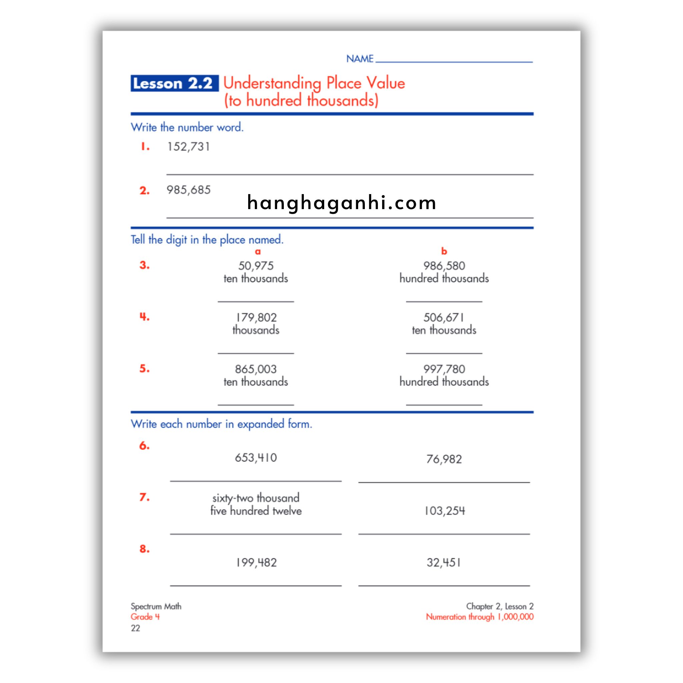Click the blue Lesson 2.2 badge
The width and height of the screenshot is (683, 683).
174,83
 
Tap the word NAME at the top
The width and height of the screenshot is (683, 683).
360,59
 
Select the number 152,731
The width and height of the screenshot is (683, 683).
188,147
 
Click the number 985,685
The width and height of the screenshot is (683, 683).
188,190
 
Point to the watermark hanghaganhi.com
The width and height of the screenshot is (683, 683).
341,203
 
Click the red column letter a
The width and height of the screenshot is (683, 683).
258,252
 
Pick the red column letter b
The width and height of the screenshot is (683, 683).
444,251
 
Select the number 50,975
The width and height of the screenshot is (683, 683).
255,266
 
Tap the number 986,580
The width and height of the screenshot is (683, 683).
444,266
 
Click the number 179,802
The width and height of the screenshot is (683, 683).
255,317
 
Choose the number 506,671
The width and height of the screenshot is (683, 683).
444,317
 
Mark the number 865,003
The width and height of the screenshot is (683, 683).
255,369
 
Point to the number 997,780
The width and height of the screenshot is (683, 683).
444,369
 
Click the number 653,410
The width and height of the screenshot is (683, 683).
255,458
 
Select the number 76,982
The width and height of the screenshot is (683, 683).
444,459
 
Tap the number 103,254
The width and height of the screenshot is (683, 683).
444,511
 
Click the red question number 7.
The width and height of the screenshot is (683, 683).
144,497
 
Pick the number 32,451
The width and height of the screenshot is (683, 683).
444,563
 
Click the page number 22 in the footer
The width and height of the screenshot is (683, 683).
135,628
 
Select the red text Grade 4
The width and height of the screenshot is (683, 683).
145,617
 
